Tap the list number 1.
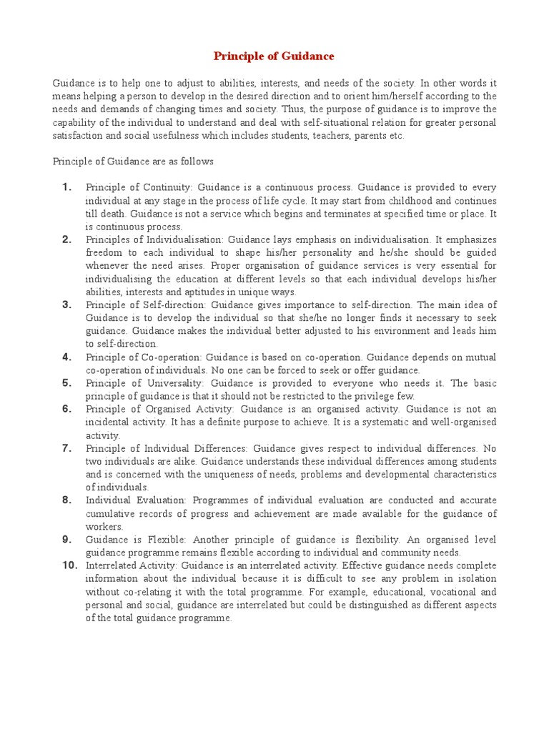click(x=66, y=187)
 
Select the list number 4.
click(x=66, y=357)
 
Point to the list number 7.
click(x=66, y=448)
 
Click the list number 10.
click(x=69, y=565)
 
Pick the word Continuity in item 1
click(x=165, y=188)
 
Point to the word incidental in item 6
click(x=110, y=422)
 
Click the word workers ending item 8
click(x=104, y=526)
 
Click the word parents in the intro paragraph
click(x=360, y=136)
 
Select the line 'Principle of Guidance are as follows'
click(x=133, y=162)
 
